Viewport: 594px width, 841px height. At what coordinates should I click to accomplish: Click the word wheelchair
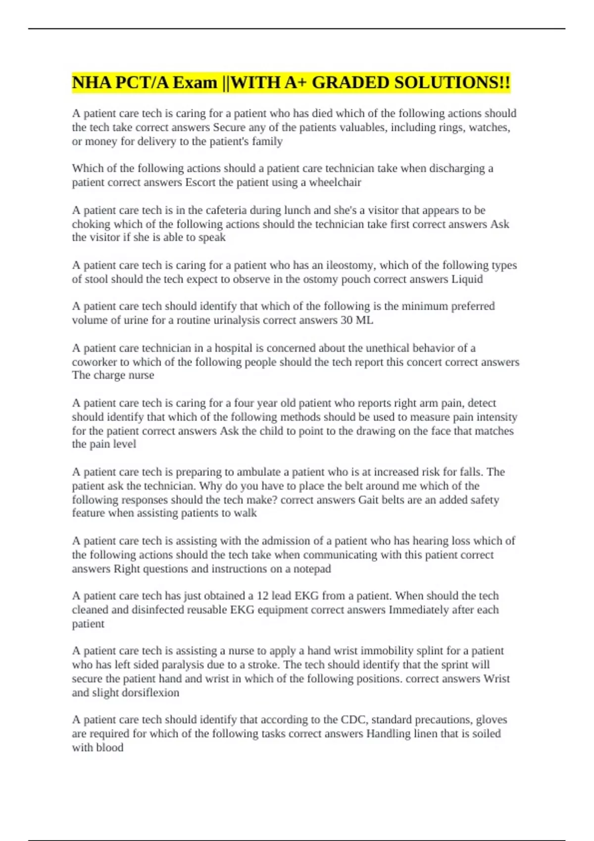(335, 183)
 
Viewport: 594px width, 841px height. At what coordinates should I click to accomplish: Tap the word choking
(91, 224)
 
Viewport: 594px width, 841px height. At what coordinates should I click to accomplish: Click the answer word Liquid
(467, 279)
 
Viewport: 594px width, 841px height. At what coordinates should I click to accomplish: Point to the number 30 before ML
(346, 320)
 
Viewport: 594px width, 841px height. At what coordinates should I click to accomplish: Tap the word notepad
(312, 569)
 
